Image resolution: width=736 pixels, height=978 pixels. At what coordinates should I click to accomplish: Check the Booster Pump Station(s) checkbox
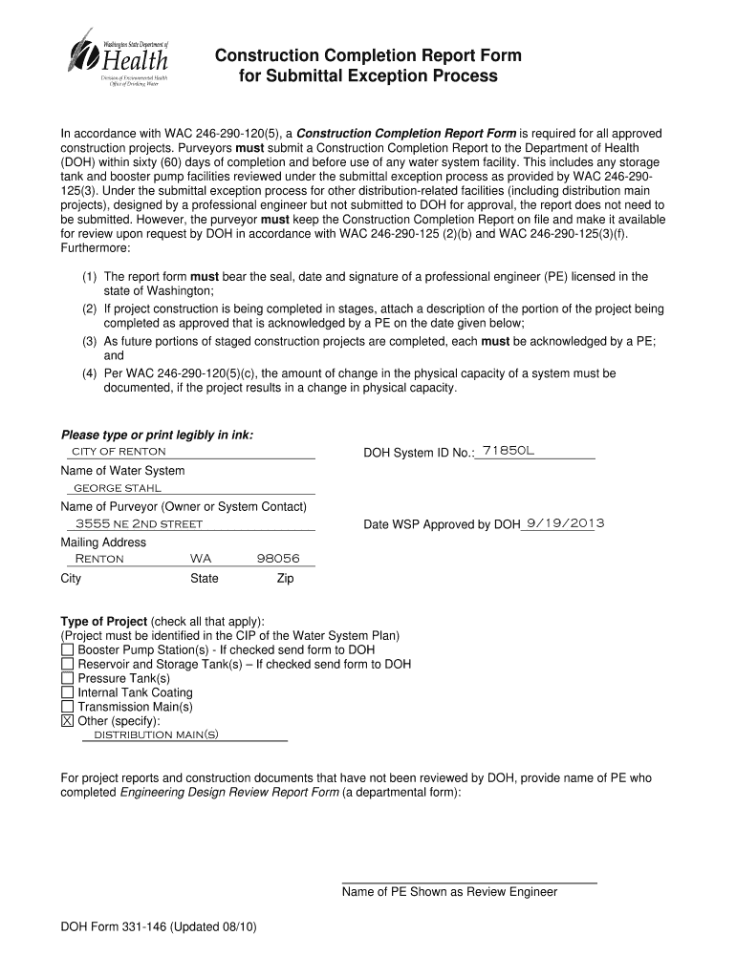click(67, 649)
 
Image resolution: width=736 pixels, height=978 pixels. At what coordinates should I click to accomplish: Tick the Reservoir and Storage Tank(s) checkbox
click(67, 664)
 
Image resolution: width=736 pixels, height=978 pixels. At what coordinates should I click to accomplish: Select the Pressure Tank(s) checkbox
click(67, 678)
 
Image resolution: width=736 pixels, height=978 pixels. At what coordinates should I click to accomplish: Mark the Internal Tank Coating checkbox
click(67, 692)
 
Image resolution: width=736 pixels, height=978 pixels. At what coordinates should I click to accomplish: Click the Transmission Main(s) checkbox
click(67, 707)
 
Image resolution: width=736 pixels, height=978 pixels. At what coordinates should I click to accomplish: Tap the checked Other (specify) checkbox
click(67, 721)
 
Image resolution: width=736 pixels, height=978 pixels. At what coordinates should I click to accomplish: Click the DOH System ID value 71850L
click(509, 450)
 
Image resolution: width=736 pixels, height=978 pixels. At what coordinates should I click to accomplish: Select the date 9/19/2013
click(564, 523)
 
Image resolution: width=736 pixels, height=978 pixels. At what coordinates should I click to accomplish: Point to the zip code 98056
click(278, 559)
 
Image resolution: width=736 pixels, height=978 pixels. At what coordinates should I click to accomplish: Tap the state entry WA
click(201, 559)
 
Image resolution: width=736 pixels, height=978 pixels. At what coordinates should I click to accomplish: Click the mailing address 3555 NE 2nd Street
click(139, 523)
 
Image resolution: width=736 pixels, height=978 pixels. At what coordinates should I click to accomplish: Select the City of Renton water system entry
click(119, 451)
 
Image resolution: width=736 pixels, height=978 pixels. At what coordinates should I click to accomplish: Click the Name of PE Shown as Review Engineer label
click(449, 892)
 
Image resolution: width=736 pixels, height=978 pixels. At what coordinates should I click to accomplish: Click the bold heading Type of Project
click(103, 621)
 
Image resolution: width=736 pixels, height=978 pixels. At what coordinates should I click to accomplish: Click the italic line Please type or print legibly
click(157, 435)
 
